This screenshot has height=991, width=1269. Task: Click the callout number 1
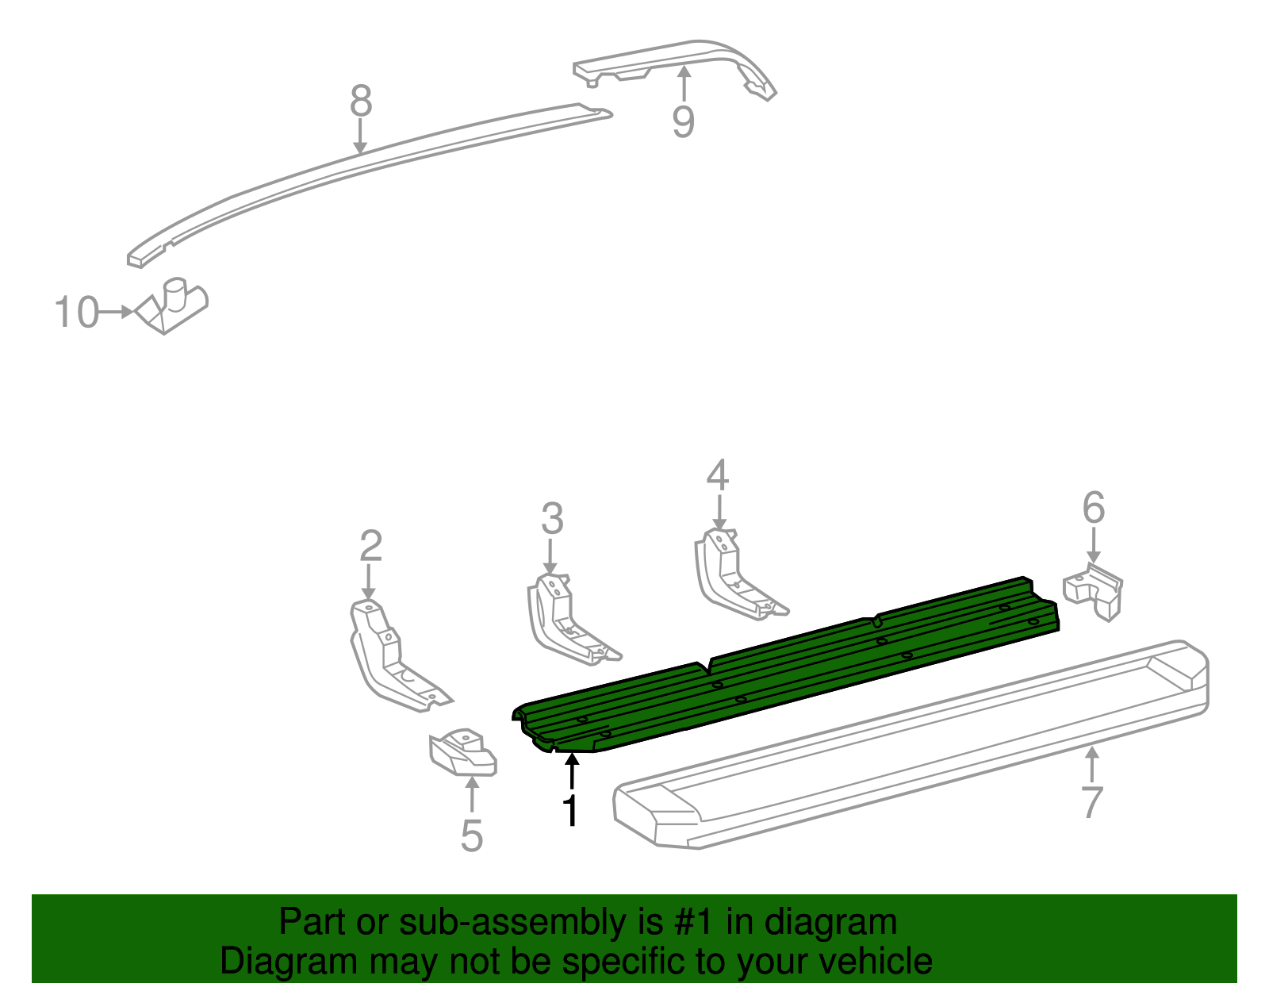(570, 809)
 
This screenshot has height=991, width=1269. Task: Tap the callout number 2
(370, 546)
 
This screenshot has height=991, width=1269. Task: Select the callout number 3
(552, 519)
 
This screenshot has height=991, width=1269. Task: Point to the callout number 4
(717, 475)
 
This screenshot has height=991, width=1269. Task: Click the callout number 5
(472, 835)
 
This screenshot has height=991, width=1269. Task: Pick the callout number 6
(1094, 508)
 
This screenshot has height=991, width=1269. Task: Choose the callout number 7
(1092, 802)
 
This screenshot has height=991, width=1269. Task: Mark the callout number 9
(683, 121)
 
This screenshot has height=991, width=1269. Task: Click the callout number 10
(76, 313)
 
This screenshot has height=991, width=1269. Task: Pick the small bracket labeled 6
(1095, 590)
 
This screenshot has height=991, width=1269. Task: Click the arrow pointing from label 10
(117, 312)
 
